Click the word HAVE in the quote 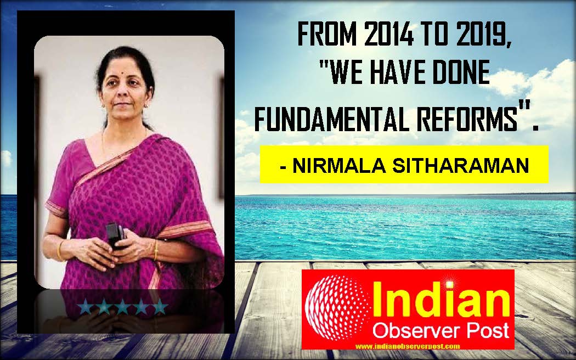coord(398,72)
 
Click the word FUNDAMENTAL coord(333,120)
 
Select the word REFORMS coord(468,120)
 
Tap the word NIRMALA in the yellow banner coord(339,166)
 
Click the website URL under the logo coord(408,346)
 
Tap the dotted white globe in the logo coord(337,308)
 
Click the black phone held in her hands coord(116,236)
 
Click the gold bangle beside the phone coord(156,250)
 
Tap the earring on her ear coord(147,105)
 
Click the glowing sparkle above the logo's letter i coord(449,284)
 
